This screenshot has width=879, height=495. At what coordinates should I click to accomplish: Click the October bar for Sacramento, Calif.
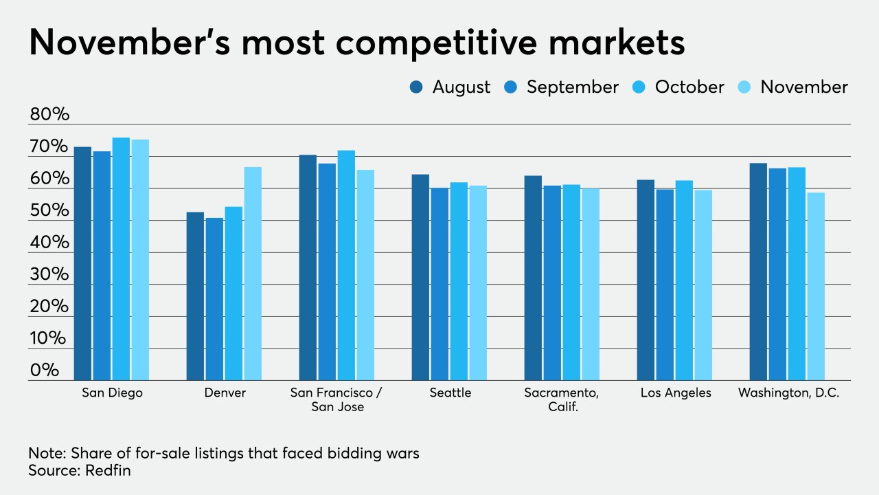[571, 283]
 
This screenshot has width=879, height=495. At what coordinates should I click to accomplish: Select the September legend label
[572, 87]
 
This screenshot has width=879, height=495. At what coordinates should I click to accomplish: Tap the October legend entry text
[689, 87]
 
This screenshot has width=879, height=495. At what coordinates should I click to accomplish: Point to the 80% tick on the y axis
[49, 115]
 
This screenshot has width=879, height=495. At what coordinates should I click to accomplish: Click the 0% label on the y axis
[45, 370]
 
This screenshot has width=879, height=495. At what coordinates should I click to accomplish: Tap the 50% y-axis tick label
[49, 210]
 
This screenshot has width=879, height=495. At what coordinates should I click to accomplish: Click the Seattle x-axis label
[450, 393]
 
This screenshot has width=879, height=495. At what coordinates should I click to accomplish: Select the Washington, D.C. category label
[788, 393]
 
